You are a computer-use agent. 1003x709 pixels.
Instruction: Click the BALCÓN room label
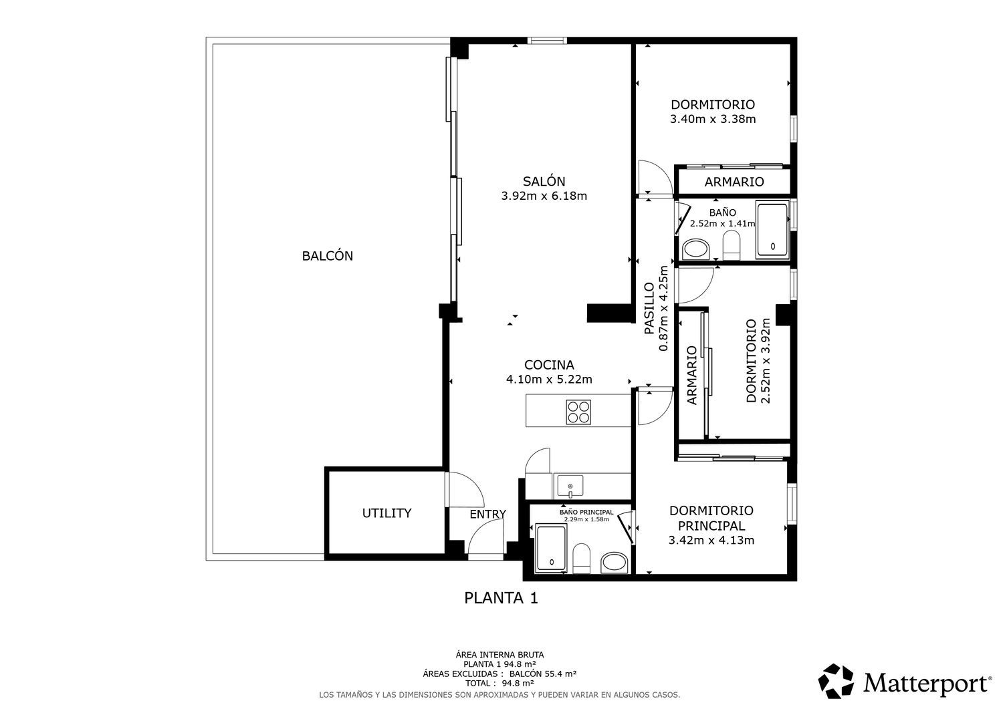click(328, 255)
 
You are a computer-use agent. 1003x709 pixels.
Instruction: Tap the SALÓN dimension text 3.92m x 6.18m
click(544, 196)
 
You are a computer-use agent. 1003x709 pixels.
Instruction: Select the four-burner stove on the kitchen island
click(578, 412)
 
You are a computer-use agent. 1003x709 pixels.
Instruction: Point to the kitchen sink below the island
click(570, 486)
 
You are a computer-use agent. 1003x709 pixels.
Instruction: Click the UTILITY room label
click(387, 513)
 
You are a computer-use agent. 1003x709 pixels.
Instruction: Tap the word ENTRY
click(487, 515)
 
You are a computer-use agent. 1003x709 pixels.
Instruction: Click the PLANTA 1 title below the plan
click(501, 598)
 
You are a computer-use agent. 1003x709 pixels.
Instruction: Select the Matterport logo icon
click(836, 682)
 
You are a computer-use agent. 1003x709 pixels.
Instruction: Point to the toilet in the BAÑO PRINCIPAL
click(581, 558)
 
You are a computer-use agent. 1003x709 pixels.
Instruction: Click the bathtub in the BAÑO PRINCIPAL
click(551, 549)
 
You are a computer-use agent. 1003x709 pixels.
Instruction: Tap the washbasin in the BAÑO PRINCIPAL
click(615, 562)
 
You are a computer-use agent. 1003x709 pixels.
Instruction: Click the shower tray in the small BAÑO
click(772, 230)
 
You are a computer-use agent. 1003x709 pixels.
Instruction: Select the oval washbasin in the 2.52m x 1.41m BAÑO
click(695, 249)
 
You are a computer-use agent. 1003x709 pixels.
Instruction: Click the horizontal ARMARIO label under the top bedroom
click(734, 182)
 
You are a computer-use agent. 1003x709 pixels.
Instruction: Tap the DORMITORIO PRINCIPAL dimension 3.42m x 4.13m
click(711, 540)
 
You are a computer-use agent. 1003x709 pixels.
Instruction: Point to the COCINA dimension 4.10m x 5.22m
click(549, 379)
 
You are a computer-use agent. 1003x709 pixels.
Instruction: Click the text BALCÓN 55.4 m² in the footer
click(543, 674)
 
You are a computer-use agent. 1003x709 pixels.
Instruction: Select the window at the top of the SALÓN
click(547, 41)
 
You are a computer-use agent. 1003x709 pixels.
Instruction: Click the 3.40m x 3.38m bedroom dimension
click(713, 119)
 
